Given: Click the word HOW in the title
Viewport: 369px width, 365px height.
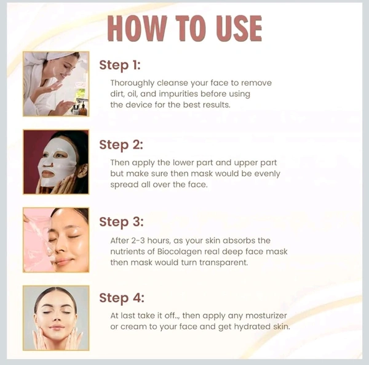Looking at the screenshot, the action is (137, 28).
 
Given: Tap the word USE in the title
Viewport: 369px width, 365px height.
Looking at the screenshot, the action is (239, 28).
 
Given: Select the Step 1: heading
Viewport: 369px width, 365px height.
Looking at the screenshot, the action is (120, 65).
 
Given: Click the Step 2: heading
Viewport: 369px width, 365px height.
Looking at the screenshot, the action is (121, 145).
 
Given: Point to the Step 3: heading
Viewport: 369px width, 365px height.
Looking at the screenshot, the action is (121, 222).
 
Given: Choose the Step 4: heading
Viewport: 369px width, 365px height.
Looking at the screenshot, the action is (121, 298).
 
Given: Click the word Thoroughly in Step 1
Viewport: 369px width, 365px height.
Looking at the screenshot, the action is (132, 83).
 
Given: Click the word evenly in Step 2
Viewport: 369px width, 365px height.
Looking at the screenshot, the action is (268, 174).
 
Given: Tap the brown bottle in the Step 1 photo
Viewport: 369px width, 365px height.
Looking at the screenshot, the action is (83, 109).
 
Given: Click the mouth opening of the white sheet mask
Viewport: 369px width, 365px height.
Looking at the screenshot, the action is (48, 174).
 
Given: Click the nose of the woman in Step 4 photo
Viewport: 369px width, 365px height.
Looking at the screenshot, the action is (56, 317).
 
